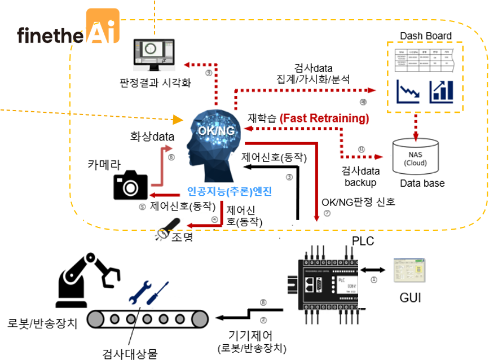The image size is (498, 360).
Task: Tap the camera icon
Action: coord(130,186)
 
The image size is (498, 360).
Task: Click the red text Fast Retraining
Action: coord(324,118)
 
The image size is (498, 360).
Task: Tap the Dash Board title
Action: coord(425,36)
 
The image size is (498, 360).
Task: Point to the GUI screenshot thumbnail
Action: coord(409,271)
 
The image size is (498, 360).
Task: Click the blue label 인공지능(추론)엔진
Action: coord(229,191)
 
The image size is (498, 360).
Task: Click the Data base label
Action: coord(422,183)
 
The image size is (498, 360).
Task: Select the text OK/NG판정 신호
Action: coord(358,202)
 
